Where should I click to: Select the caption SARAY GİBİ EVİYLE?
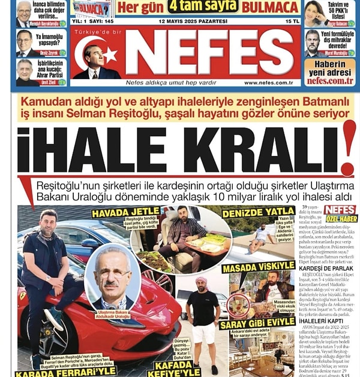[x=257, y=324]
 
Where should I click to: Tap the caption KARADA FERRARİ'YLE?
[x=66, y=372]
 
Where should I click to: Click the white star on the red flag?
[x=109, y=56]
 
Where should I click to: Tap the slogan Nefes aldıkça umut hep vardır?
[x=166, y=83]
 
